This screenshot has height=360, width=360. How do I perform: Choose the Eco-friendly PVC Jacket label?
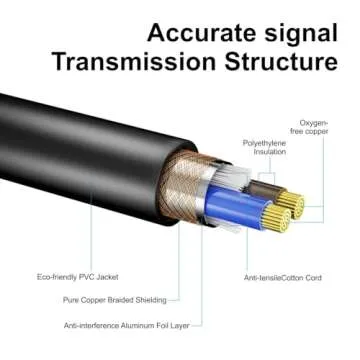pyautogui.click(x=82, y=276)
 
